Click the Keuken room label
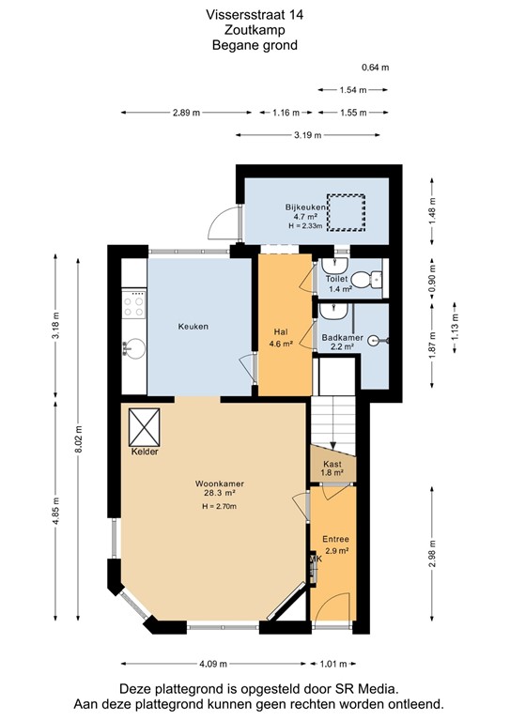[193, 327]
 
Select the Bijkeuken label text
[305, 207]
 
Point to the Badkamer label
[337, 337]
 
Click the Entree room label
[335, 539]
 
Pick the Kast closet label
[332, 464]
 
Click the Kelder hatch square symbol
[146, 428]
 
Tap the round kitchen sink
[133, 349]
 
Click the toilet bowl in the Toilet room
[374, 278]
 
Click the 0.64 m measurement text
[375, 67]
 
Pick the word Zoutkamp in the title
[255, 30]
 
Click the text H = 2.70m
[218, 507]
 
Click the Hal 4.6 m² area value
[281, 345]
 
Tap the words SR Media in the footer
[356, 688]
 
